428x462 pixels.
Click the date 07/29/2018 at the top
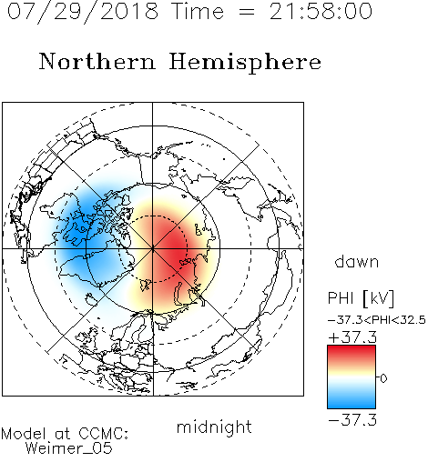click(83, 12)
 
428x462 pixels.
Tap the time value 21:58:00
click(321, 12)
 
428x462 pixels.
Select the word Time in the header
click(198, 12)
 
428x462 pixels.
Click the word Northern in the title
click(97, 61)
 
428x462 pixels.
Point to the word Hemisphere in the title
click(245, 63)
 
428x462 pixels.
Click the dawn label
click(357, 261)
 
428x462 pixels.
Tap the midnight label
click(214, 427)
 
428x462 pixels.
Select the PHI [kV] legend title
click(361, 298)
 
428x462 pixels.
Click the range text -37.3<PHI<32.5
click(377, 320)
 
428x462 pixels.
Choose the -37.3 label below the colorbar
click(352, 420)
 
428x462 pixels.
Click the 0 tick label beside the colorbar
click(383, 378)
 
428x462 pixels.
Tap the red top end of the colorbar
click(352, 348)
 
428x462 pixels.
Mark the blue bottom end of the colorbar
click(352, 406)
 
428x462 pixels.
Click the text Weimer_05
click(69, 448)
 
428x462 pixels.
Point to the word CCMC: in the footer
click(104, 434)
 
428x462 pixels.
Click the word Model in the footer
click(24, 434)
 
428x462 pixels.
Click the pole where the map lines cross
click(153, 249)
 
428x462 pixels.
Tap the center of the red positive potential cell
click(170, 247)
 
